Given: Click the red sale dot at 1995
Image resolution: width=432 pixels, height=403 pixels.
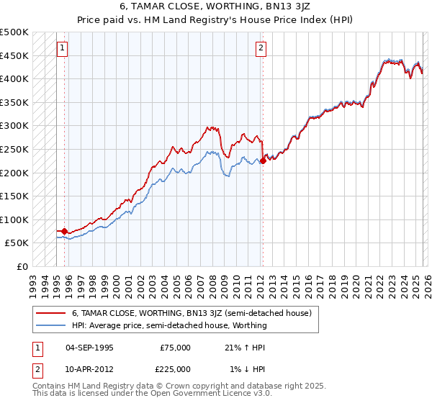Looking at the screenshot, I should point(65,232).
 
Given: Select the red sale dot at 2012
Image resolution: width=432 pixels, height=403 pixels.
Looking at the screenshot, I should point(263,161).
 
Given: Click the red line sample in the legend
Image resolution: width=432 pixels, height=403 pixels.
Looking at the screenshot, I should point(50,314).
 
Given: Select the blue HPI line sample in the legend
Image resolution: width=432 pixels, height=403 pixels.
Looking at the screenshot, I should point(50,325).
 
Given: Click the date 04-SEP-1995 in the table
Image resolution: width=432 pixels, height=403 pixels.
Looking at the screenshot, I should point(89,348).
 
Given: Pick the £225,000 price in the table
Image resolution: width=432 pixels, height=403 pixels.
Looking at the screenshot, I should point(175,369).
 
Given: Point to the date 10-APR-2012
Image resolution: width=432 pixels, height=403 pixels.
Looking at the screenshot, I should point(89,369).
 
